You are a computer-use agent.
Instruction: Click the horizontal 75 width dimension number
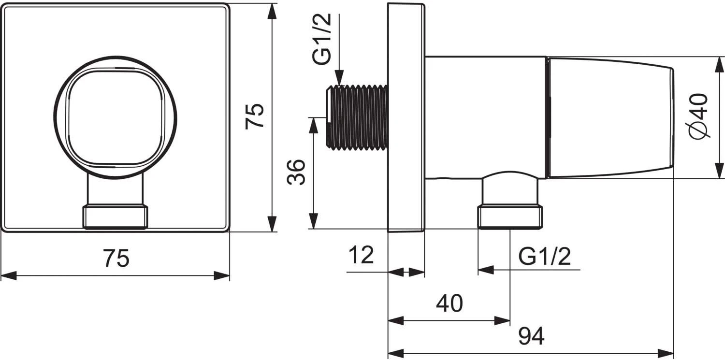pos(116,259)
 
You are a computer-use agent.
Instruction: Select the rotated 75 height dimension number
pos(255,116)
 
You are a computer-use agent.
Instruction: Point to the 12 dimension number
pos(361,255)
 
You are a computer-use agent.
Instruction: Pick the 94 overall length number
pos(531,336)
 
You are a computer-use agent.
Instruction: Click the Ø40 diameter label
pos(699,116)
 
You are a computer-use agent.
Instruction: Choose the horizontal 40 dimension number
pos(449,303)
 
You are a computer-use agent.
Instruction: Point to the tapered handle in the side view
pos(609,117)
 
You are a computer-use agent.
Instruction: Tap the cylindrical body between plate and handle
pos(486,116)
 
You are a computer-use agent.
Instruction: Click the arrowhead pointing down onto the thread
pos(339,78)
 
